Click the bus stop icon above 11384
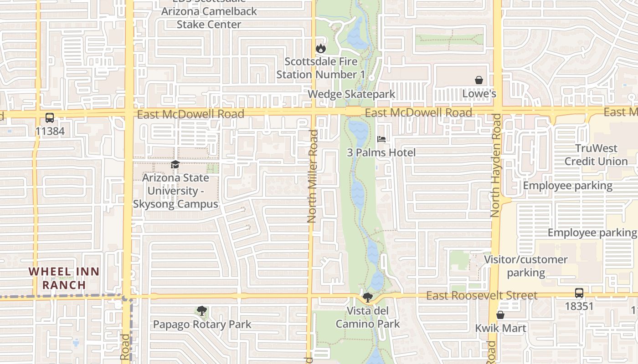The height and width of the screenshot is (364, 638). (x=50, y=118)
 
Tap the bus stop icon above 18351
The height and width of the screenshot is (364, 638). (x=579, y=293)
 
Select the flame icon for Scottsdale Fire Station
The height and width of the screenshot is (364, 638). (x=321, y=48)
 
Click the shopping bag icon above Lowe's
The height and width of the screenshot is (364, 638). (x=479, y=80)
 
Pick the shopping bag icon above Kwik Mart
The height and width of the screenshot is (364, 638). (x=500, y=315)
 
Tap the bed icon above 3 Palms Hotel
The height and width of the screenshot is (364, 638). (x=381, y=139)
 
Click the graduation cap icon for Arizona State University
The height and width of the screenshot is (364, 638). (x=175, y=164)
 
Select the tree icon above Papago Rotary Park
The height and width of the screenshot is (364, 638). (x=201, y=311)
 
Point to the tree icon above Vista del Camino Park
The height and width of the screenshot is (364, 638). (x=367, y=298)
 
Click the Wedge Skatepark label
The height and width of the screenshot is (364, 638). (x=351, y=94)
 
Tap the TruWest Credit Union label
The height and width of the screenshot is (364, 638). (x=596, y=155)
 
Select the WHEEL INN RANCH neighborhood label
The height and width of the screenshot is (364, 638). (x=64, y=278)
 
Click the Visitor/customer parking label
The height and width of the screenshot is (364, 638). (x=525, y=266)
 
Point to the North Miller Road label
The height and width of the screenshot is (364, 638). (x=312, y=176)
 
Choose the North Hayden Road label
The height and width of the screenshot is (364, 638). (x=496, y=165)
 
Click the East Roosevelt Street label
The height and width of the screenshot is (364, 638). (x=482, y=296)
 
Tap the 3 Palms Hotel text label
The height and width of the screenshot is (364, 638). (x=381, y=152)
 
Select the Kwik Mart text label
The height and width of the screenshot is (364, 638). (x=500, y=328)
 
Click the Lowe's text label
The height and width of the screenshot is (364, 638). (x=479, y=94)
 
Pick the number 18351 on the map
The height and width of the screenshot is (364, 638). (x=579, y=306)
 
